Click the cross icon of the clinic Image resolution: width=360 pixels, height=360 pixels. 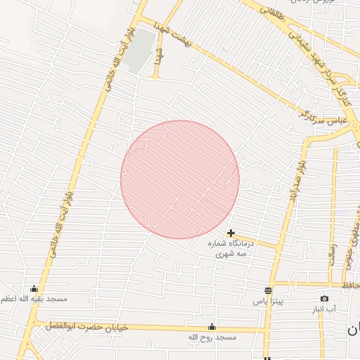231,233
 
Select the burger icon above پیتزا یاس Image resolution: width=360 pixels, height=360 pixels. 268,290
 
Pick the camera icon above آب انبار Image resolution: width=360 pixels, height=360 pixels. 324,299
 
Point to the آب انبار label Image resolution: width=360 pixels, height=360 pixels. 324,309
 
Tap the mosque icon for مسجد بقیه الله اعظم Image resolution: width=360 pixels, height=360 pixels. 34,288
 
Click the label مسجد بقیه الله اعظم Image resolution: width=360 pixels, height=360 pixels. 34,300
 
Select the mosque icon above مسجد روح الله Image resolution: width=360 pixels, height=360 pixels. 212,327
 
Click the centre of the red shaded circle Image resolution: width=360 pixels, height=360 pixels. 180,179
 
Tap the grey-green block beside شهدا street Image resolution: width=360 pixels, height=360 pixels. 142,49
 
